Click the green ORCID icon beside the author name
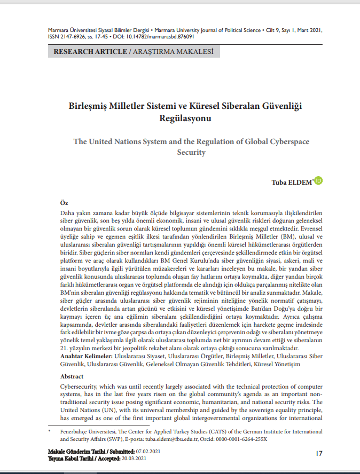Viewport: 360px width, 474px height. pos(319,181)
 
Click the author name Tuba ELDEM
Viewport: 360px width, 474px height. pos(293,183)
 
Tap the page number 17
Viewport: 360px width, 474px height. pos(318,453)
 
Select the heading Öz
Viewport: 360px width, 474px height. pos(65,203)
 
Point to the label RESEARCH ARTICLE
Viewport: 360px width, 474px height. pos(88,52)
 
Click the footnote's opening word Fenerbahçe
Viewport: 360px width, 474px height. pos(75,431)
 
